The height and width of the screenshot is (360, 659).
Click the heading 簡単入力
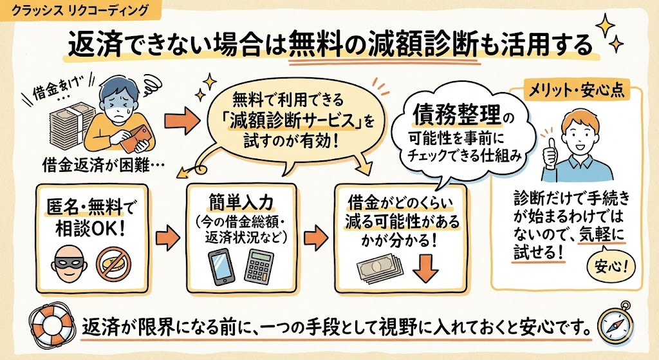pos(241,197)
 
